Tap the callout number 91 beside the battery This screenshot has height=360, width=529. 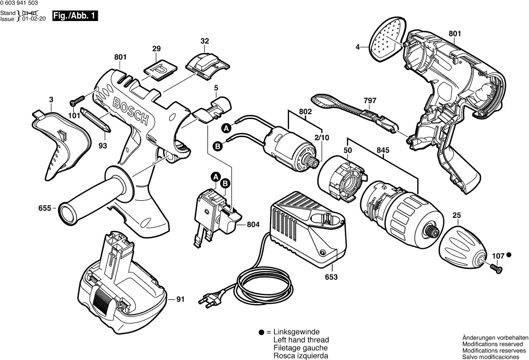click(x=180, y=300)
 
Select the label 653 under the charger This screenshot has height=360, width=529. click(x=332, y=277)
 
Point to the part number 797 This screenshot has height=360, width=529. click(x=370, y=101)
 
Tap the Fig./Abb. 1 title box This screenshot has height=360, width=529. click(x=75, y=17)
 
